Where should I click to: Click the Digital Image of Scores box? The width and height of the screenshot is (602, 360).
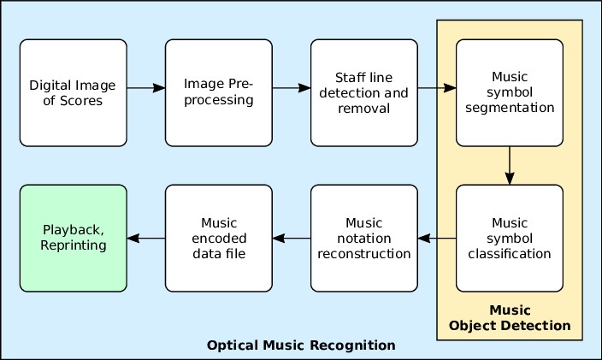(x=73, y=92)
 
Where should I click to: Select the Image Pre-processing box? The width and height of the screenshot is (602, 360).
(x=218, y=92)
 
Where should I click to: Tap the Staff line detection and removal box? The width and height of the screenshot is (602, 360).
(x=363, y=92)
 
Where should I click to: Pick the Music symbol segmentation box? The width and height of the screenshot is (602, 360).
(x=509, y=92)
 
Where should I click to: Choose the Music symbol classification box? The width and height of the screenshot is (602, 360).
(x=509, y=238)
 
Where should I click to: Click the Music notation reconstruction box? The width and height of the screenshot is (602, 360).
(x=363, y=238)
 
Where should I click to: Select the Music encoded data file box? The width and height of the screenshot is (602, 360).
(x=218, y=238)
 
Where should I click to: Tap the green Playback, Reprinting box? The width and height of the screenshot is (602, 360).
(x=73, y=238)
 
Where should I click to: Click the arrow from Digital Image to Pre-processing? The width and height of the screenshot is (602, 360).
(x=145, y=87)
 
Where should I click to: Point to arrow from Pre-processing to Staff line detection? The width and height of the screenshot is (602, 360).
(x=291, y=87)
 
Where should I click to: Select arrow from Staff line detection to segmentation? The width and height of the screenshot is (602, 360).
(x=436, y=87)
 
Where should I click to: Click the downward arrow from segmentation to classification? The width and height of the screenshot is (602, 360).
(x=510, y=165)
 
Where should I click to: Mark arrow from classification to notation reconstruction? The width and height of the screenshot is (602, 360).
(x=436, y=238)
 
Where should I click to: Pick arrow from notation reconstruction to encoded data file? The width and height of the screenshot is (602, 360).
(x=291, y=238)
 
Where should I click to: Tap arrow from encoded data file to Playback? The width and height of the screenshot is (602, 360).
(x=145, y=238)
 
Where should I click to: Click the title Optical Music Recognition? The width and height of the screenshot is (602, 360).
(x=301, y=345)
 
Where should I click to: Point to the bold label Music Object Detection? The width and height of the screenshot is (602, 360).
(x=510, y=317)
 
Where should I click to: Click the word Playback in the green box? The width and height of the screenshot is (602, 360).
(x=72, y=229)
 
